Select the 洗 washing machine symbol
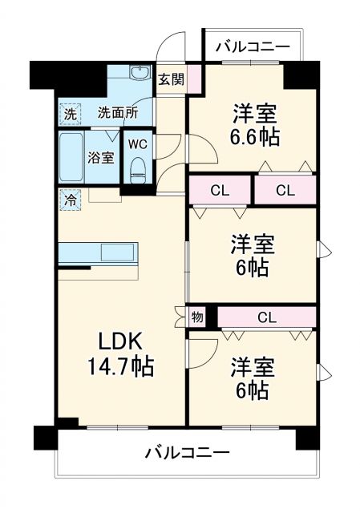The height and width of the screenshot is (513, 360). tap(71, 114)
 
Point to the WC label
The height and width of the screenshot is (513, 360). tap(137, 144)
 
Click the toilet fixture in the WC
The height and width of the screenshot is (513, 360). tap(138, 169)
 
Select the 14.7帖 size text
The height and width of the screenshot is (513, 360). tap(122, 368)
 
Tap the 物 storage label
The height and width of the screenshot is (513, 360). tap(199, 317)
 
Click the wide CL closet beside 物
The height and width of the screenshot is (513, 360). tap(267, 317)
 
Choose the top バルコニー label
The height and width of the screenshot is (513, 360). tap(253, 47)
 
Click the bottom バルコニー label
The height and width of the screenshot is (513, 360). tap(187, 452)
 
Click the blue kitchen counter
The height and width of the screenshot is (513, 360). tap(98, 252)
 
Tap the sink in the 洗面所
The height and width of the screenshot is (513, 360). tap(140, 71)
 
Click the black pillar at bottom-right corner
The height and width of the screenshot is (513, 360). tap(307, 438)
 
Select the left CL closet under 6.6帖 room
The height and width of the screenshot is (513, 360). tap(219, 190)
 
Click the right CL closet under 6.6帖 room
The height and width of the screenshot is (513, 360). tap(285, 190)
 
